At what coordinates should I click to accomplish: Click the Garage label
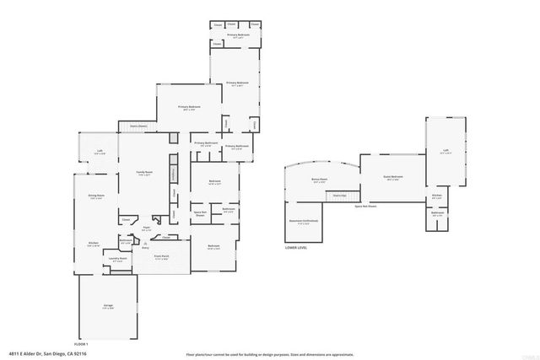coord(108,307)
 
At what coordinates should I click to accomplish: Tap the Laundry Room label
coord(119,259)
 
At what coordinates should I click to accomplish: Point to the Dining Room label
coord(97,196)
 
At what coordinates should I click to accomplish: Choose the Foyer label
coord(146,227)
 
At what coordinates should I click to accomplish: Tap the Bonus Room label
coord(320,179)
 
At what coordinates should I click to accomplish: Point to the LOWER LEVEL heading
coord(298,249)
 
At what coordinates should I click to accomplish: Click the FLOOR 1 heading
coord(81,344)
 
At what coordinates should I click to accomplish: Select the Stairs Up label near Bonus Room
coord(338,195)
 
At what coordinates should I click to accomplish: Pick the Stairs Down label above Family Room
coord(138,126)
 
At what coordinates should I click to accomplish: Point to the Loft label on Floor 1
coord(100,153)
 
